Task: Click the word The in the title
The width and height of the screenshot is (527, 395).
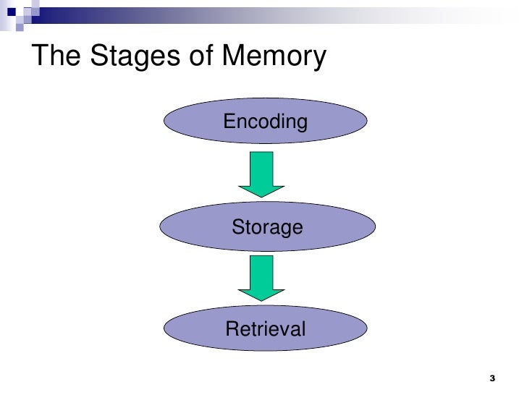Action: coord(57,56)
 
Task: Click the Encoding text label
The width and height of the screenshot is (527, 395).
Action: coord(265,122)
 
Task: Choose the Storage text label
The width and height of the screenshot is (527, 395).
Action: coord(266,228)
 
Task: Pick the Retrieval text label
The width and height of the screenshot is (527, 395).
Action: coord(266,329)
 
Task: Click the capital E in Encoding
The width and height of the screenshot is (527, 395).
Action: coord(229,122)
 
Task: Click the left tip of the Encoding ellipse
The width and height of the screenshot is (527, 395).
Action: coord(165,122)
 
